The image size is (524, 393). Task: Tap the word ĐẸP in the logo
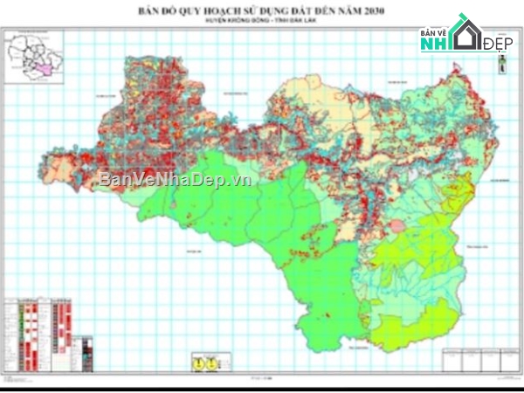click(497, 42)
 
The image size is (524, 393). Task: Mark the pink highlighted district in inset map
click(37, 66)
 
